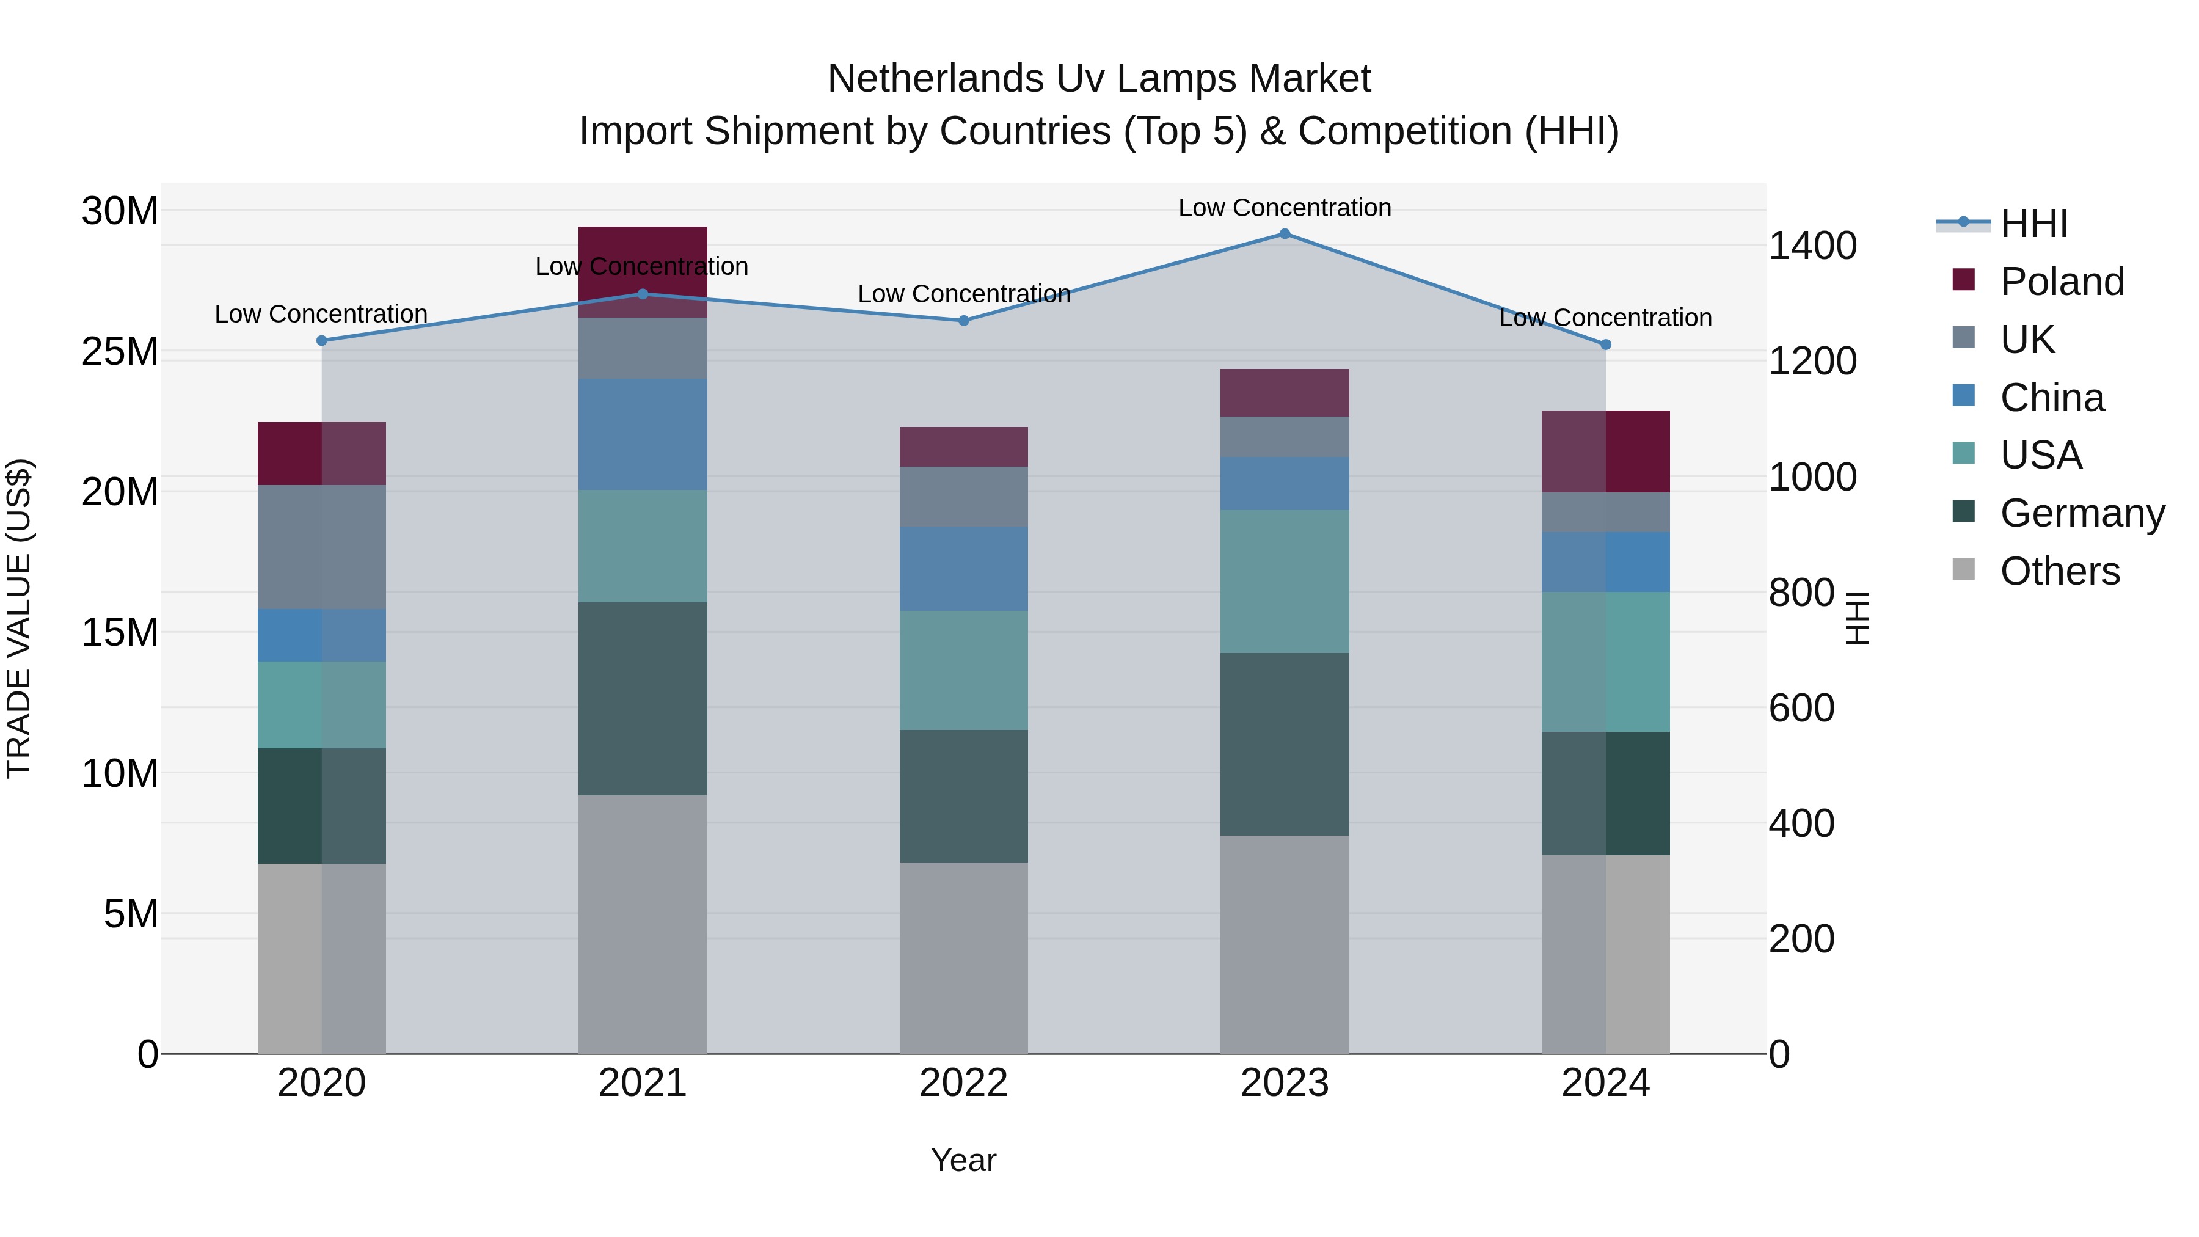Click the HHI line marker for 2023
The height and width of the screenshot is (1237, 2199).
1284,234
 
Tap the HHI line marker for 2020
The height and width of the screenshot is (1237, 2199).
322,341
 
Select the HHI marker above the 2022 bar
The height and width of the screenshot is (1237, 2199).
964,321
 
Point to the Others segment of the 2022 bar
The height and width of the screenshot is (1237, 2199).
964,957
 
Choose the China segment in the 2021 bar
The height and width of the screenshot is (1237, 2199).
643,434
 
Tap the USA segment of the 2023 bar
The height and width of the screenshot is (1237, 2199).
1284,582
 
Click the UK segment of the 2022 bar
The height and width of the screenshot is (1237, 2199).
964,496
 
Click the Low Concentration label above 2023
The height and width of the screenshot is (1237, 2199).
1284,208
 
